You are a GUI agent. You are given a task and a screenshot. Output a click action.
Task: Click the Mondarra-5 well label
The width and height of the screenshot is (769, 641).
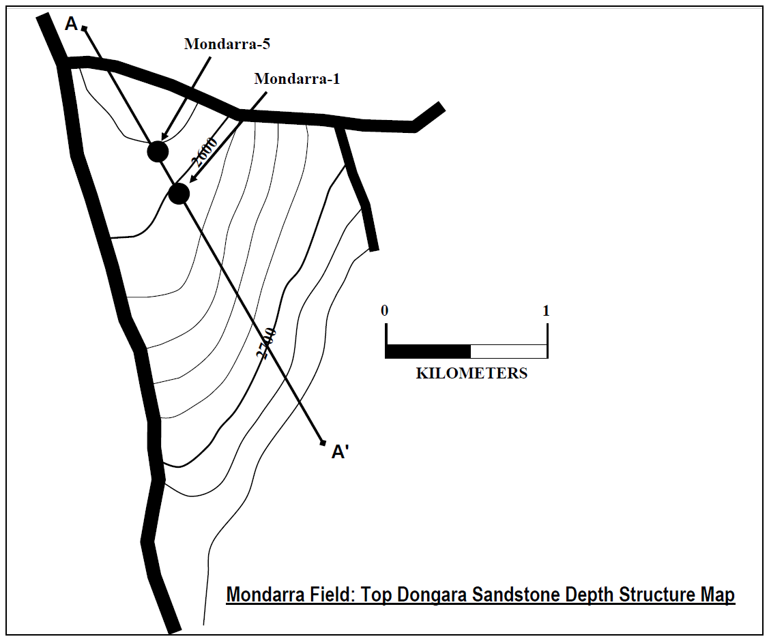[x=228, y=44]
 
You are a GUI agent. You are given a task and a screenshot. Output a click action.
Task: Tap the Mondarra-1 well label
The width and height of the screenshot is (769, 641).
[x=297, y=79]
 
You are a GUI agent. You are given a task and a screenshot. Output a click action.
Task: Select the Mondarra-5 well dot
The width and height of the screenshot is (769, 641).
[x=158, y=151]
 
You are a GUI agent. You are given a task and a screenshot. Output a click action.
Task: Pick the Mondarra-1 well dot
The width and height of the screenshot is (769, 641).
[x=179, y=194]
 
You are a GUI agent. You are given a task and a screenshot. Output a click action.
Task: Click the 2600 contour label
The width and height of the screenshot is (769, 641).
[x=205, y=151]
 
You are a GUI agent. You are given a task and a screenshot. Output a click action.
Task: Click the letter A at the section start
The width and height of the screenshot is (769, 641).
[x=71, y=25]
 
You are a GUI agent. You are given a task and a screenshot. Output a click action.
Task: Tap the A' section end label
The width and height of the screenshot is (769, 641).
[x=340, y=452]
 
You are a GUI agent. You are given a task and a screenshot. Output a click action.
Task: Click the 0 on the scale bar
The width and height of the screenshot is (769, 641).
[x=385, y=311]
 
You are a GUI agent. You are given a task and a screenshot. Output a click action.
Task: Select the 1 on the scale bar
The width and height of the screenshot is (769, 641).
[x=546, y=311]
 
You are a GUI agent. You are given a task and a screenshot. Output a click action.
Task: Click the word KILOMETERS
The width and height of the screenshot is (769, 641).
[x=471, y=374]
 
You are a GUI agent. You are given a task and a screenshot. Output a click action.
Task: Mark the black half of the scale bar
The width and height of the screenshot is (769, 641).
[x=428, y=351]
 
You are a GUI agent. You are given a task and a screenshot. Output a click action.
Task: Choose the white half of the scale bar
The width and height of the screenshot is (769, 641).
[x=508, y=351]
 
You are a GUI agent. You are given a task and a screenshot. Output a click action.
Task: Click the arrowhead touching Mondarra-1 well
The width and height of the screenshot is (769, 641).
[x=192, y=180]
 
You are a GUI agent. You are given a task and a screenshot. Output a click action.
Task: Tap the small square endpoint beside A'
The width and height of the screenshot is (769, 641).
[x=323, y=443]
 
